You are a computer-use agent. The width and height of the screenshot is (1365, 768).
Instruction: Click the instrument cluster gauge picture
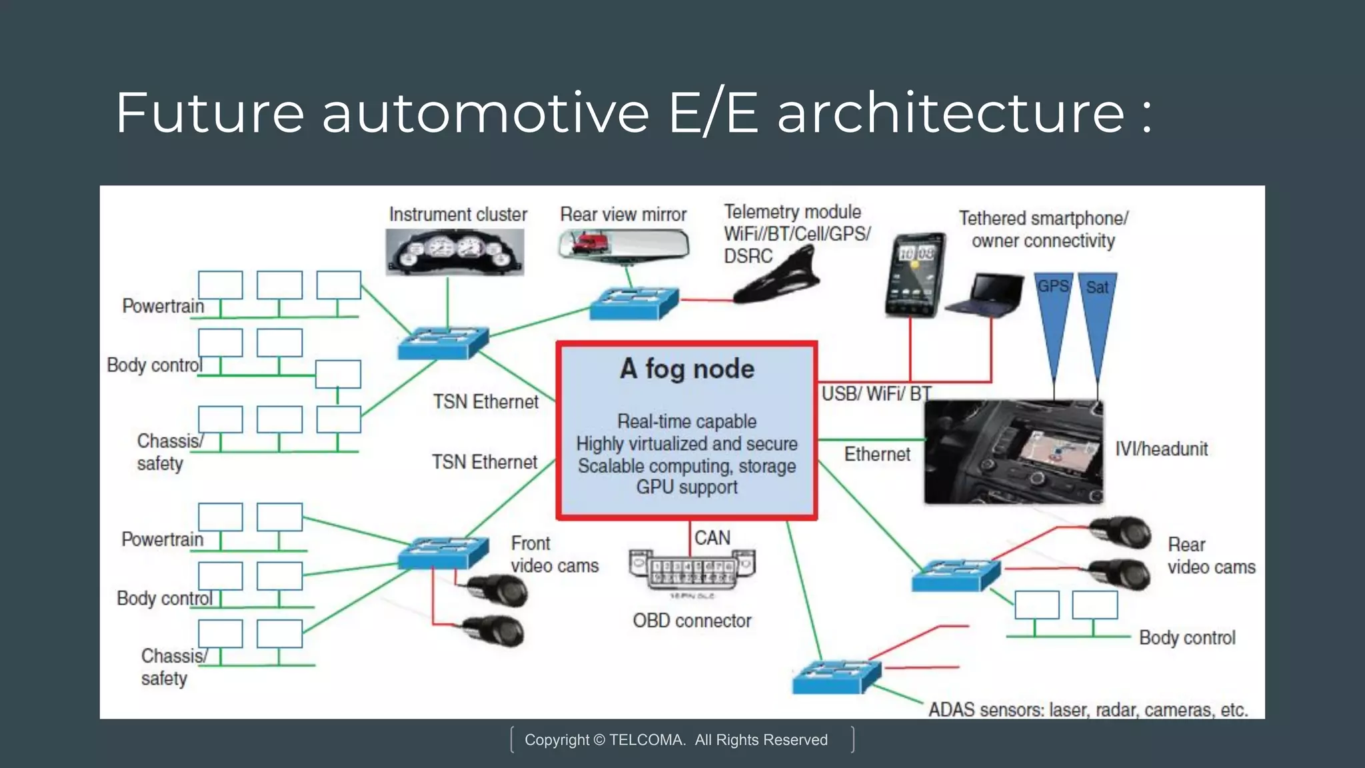point(455,252)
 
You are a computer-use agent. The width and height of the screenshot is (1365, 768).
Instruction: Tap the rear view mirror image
point(623,243)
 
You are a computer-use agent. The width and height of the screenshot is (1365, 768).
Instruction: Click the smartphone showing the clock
point(915,275)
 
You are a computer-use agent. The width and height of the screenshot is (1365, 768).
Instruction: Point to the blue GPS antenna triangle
point(1054,313)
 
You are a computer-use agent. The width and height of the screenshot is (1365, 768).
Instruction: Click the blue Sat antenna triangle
point(1097,313)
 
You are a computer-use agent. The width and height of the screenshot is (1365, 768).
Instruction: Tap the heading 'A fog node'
point(687,369)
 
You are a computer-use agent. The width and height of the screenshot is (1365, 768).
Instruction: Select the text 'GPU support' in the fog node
point(686,487)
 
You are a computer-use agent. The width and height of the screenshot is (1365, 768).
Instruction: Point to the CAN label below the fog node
point(712,538)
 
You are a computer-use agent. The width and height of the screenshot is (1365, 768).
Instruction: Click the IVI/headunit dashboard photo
point(1013,452)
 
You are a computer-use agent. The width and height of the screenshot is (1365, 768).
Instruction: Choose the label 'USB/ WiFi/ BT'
point(876,394)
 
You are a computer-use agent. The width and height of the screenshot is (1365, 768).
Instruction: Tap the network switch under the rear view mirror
point(634,303)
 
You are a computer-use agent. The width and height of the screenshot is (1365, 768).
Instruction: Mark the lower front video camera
point(494,631)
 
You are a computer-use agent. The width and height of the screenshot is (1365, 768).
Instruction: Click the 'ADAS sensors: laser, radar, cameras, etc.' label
point(1088,710)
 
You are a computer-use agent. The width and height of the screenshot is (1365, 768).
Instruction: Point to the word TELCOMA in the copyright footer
point(646,740)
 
